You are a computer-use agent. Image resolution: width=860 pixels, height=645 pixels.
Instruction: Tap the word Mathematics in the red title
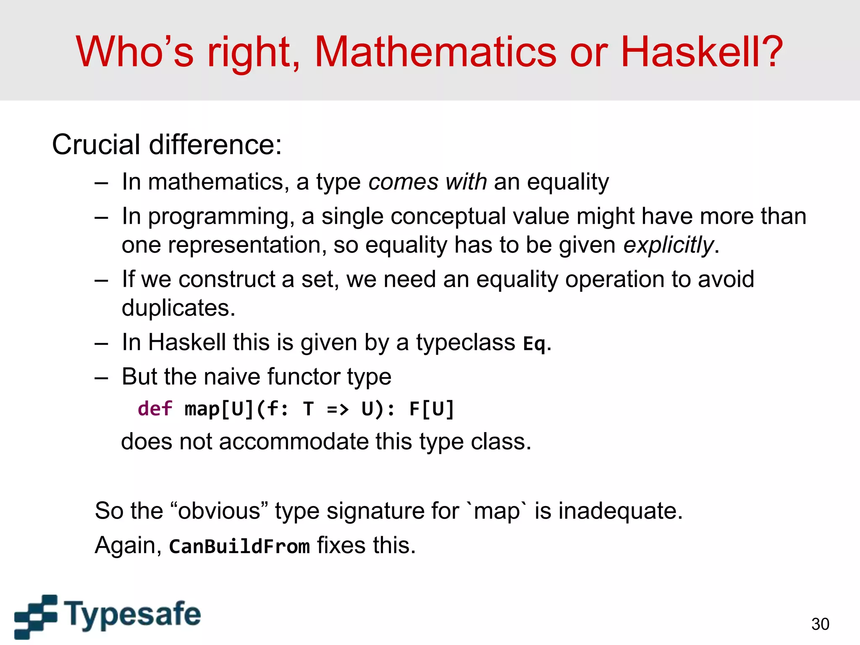435,52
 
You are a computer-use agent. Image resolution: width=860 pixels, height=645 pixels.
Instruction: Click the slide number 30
820,624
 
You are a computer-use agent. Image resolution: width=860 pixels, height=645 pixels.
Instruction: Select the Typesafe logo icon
36,616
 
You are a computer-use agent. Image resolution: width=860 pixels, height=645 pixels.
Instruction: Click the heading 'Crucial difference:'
167,145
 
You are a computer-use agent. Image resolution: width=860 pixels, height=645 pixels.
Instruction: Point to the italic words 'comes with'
427,182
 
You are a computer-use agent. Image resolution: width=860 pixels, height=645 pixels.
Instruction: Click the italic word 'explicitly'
668,245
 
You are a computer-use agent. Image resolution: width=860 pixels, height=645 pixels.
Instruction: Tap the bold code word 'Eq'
534,344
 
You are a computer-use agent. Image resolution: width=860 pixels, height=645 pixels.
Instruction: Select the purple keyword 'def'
155,409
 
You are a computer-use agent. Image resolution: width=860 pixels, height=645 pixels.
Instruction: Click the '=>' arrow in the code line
338,409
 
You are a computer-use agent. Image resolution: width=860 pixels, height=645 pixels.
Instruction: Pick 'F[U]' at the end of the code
431,409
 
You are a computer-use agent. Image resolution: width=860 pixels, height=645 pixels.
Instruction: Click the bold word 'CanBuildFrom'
239,546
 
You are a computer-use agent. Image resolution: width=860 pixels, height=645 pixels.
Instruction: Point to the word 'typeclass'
465,343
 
